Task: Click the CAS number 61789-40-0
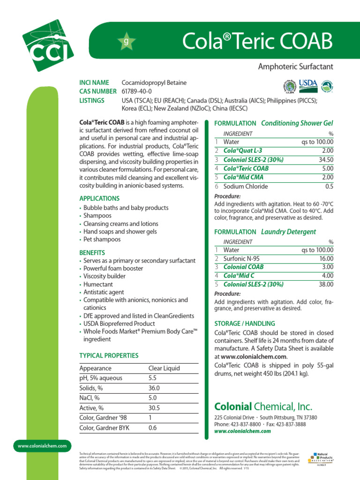(136, 91)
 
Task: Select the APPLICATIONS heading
(99, 198)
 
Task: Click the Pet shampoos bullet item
(102, 240)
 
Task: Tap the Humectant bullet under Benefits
(98, 284)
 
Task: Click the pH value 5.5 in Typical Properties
(152, 378)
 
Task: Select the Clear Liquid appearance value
(164, 368)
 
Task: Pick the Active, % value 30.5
(154, 408)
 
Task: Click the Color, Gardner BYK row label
(105, 428)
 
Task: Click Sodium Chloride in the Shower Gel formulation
(246, 187)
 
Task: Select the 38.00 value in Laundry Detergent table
(325, 284)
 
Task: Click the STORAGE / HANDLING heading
(245, 324)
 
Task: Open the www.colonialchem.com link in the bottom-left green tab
(42, 446)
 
